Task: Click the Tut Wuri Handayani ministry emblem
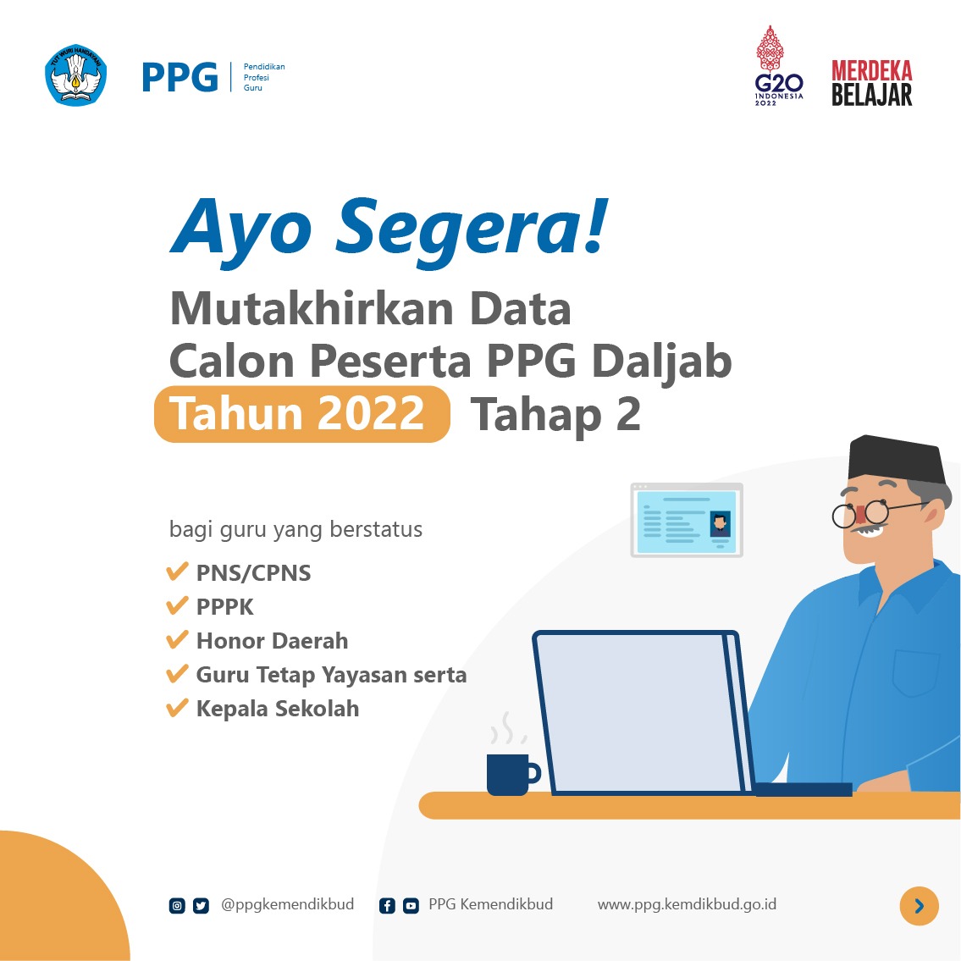76,75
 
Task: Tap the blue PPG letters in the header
179,77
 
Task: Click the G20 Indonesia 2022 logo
778,66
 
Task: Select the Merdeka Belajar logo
871,83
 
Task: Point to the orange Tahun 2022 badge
301,414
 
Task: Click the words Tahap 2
555,415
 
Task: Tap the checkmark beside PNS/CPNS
177,572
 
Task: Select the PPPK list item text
224,607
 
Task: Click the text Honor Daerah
272,641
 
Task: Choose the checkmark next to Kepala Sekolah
177,708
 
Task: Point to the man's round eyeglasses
860,513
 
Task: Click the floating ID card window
687,520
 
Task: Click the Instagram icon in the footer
177,906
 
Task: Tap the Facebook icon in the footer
387,906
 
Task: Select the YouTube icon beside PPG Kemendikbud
411,906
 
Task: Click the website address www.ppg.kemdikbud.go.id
687,904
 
